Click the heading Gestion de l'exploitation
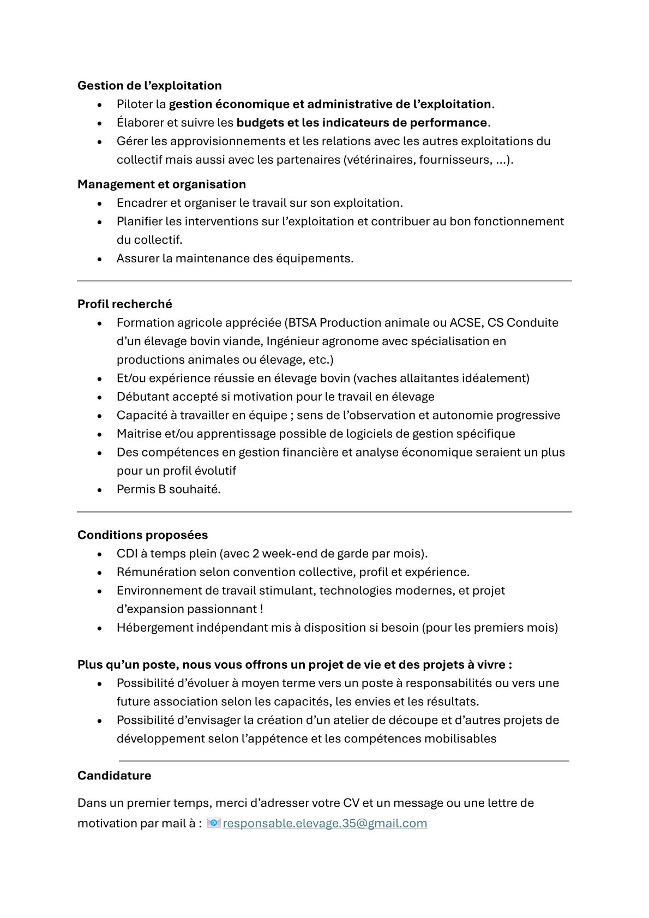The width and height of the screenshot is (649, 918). (x=149, y=86)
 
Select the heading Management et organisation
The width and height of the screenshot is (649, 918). (x=161, y=184)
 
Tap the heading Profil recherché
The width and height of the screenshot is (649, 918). (x=124, y=304)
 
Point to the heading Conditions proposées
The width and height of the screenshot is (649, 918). (x=142, y=535)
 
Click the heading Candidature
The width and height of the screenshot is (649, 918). (x=114, y=776)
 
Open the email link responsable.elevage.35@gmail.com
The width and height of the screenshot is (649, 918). (x=324, y=824)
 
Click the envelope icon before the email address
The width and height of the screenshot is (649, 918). (x=214, y=823)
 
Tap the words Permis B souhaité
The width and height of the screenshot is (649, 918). (x=169, y=489)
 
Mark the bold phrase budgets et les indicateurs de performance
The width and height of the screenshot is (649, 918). (x=361, y=123)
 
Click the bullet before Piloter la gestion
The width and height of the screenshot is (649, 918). (x=100, y=105)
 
